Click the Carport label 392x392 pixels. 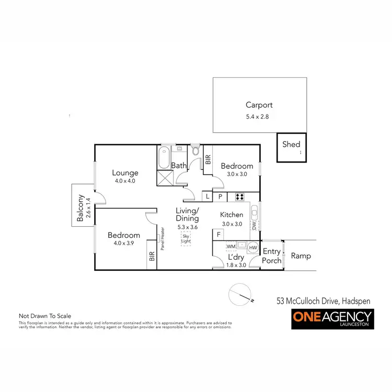[x=259, y=105]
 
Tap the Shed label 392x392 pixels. [x=291, y=144]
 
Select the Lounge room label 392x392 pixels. [x=125, y=173]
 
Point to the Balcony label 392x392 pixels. [x=80, y=209]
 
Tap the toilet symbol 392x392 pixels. [x=195, y=151]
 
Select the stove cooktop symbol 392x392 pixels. [x=240, y=197]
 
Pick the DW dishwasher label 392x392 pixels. [x=255, y=226]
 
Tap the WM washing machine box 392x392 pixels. [x=230, y=246]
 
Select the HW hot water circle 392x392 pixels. [x=253, y=247]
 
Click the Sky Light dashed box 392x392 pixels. [x=186, y=240]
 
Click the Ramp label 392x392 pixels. [x=301, y=256]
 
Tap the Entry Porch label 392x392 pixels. [x=272, y=256]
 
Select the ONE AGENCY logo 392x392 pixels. [x=332, y=318]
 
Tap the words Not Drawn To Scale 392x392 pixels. [x=44, y=316]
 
